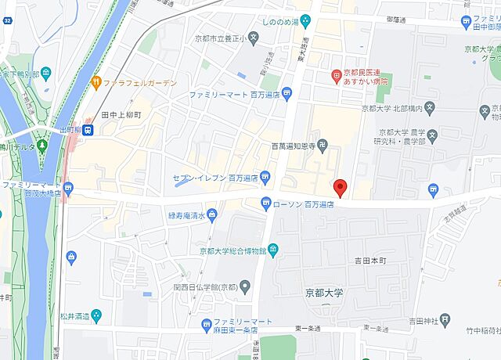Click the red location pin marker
340,188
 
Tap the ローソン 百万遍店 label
303,203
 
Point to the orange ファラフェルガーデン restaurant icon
96,81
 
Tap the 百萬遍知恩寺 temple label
298,146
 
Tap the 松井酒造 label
74,317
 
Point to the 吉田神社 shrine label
425,319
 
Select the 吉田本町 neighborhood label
370,261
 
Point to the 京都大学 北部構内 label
392,109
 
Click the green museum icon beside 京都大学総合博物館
273,250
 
